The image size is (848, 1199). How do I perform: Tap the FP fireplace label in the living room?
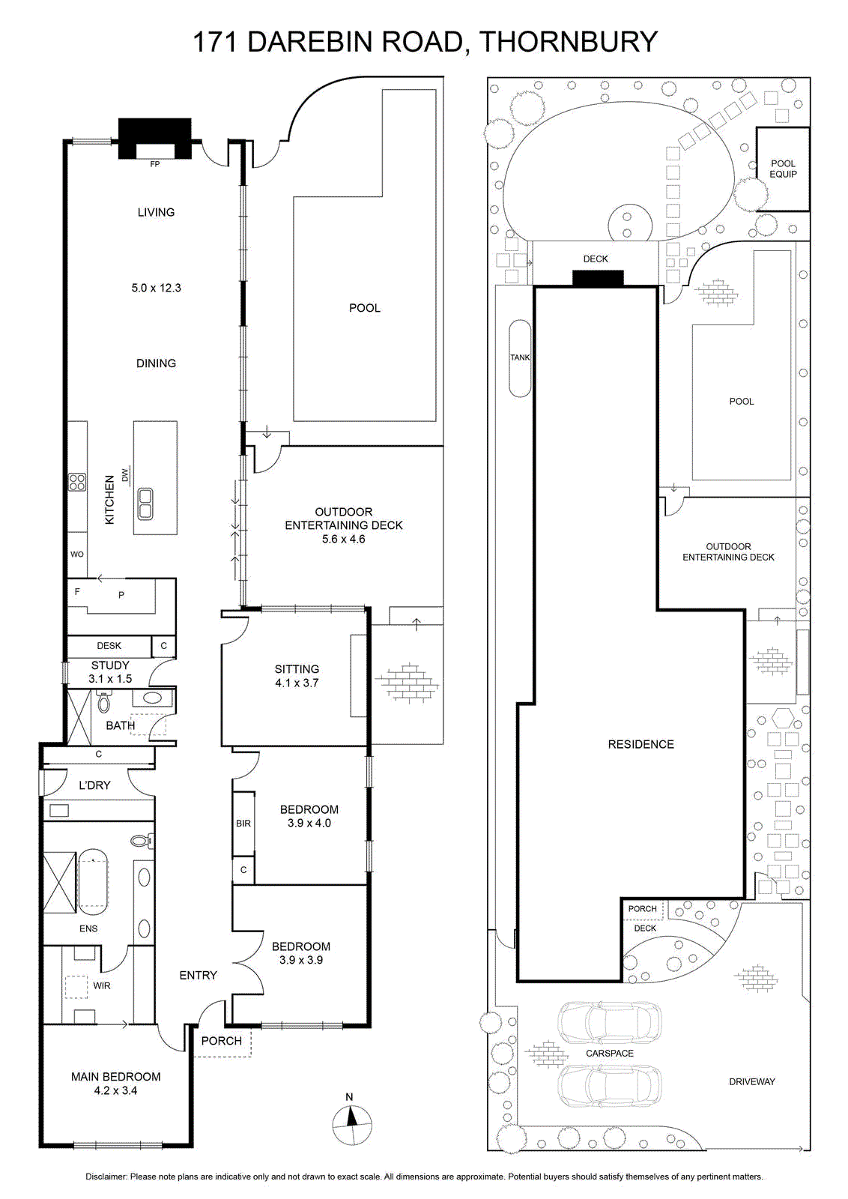154,164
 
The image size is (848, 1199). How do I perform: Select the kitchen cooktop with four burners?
77,483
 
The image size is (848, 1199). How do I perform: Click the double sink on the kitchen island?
145,504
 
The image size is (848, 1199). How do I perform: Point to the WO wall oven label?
77,554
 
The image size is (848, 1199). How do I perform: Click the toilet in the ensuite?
142,841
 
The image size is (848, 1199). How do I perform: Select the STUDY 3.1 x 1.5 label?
110,671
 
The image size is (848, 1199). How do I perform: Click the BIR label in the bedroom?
243,824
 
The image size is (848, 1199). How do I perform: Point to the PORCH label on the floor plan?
222,1041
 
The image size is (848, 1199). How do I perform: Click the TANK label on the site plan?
520,357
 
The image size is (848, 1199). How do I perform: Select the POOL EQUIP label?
784,169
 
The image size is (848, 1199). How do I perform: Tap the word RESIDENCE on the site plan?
641,744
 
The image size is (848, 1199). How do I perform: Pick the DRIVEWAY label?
751,1082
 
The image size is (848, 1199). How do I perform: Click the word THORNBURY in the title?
568,41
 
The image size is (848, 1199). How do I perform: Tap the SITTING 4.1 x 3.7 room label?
297,675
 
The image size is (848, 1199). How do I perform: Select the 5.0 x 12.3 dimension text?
157,288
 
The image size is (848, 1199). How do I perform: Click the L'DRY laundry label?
94,785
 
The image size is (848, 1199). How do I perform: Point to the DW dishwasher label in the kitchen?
125,475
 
